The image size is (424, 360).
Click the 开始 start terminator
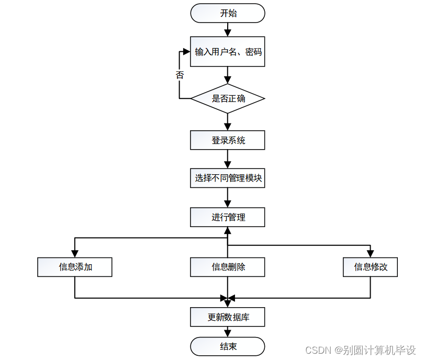228,13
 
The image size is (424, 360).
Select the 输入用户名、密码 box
228,52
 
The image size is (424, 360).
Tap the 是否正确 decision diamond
228,98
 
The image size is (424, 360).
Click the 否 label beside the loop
180,75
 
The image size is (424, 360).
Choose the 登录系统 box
228,140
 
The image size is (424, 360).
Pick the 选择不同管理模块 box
228,178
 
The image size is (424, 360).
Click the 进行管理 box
228,217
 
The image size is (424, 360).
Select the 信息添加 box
75,267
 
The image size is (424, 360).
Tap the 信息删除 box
228,267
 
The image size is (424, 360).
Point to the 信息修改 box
371,267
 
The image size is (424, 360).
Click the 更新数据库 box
228,317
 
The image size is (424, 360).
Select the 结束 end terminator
228,346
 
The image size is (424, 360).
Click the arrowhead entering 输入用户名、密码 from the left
186,52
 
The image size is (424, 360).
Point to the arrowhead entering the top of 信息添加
75,254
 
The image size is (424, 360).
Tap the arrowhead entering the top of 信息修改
371,254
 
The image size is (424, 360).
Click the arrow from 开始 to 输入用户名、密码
228,29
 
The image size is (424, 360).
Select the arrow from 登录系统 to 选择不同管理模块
228,159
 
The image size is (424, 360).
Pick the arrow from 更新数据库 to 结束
228,332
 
